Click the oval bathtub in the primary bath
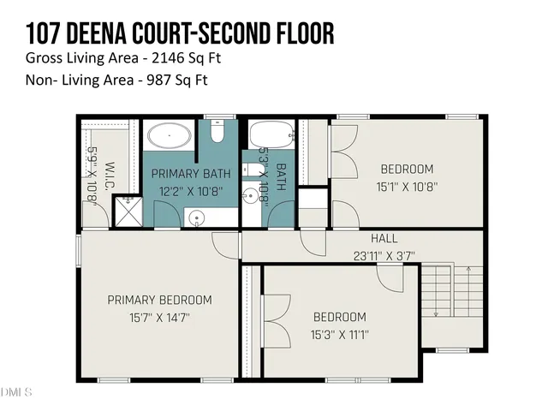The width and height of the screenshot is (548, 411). tap(168, 135)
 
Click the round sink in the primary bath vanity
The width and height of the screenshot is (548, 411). tap(197, 218)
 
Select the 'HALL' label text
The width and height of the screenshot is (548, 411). tap(384, 238)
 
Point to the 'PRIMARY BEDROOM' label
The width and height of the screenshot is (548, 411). tap(159, 300)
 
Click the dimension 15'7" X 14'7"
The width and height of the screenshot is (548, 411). tap(159, 318)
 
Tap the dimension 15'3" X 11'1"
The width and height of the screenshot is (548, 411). tap(339, 335)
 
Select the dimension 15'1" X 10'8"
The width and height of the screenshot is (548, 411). tap(407, 187)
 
